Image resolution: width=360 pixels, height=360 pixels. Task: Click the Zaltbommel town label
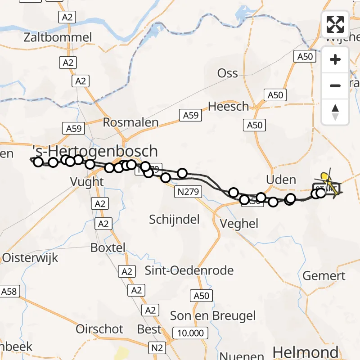click(59, 37)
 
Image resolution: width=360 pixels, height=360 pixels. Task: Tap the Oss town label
click(227, 73)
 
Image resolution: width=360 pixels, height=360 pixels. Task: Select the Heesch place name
click(228, 107)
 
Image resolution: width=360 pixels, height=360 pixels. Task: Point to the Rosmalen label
click(131, 122)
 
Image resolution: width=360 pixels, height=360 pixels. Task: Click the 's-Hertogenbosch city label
click(95, 151)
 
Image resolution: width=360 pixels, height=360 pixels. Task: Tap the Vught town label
click(87, 182)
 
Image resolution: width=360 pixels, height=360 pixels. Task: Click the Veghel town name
click(239, 223)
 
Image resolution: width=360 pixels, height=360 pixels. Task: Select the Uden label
click(281, 180)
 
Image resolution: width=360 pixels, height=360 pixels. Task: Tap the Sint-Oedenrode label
click(189, 271)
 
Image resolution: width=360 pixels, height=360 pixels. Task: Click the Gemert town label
click(324, 276)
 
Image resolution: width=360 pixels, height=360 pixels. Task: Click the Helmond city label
click(305, 352)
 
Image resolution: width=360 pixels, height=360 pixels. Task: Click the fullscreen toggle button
click(335, 24)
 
